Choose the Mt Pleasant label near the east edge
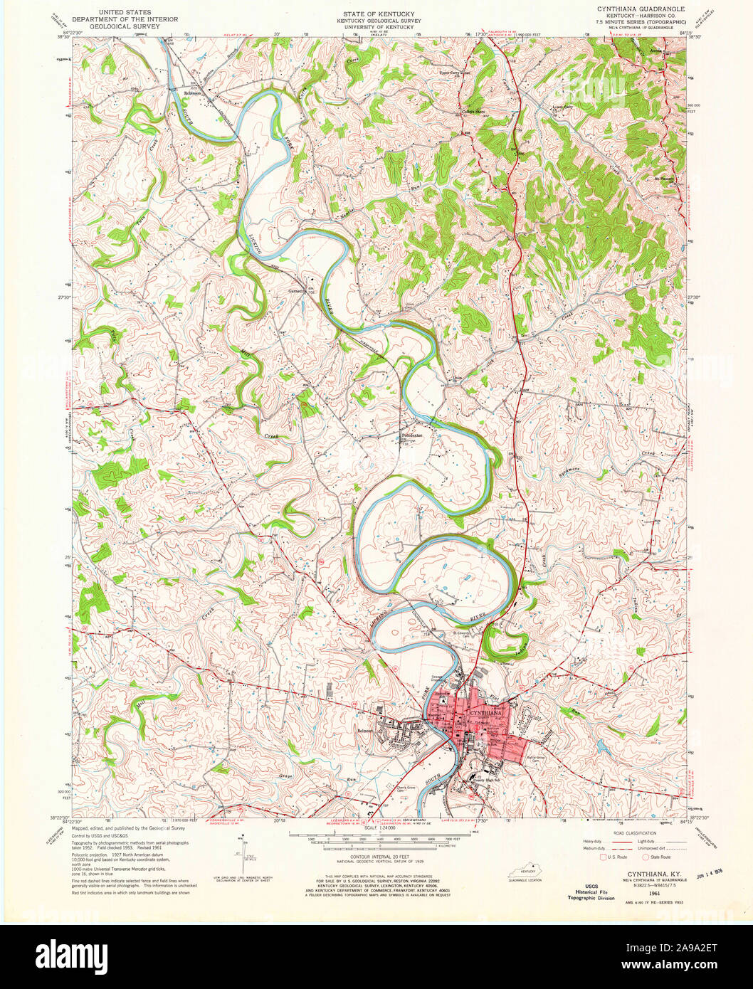click(x=663, y=179)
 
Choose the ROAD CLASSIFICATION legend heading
click(x=627, y=831)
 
